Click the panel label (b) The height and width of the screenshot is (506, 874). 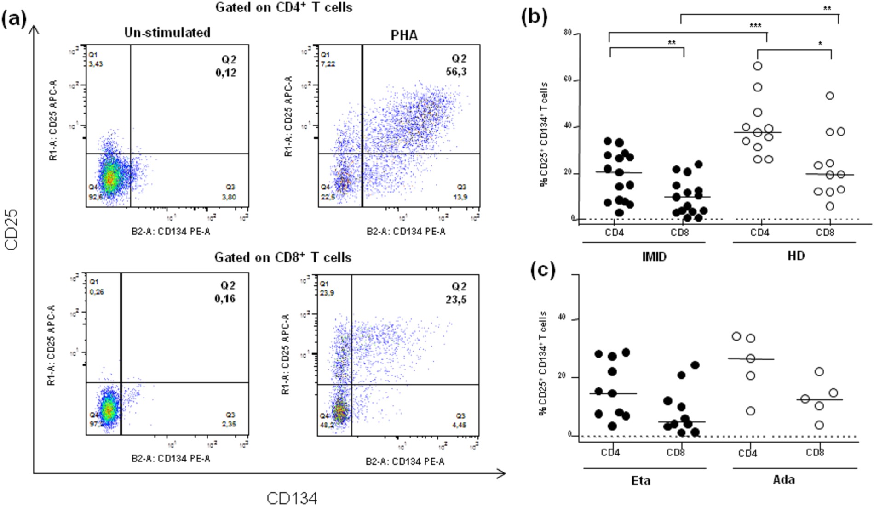534,17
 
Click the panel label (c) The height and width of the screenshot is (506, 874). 543,270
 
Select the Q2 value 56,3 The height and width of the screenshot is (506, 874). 456,72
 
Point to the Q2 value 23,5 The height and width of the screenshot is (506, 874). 456,300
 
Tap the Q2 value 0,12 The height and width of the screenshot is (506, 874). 226,73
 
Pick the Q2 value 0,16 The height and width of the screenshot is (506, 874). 225,299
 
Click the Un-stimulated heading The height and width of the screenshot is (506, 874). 167,33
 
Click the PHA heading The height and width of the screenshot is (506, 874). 404,35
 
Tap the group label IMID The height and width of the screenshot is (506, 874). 654,256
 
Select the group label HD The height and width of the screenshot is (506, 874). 796,256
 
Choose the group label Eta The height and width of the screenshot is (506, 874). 641,481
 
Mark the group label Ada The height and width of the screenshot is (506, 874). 784,480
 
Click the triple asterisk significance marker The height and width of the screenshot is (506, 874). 755,26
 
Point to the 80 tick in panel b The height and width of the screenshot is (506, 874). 568,33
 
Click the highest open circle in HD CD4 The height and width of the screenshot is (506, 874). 757,66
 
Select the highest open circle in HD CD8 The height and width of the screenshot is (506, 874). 830,96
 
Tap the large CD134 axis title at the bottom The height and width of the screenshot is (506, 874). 292,498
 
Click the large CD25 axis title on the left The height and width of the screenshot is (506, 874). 11,229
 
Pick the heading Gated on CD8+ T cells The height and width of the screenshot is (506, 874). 283,257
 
